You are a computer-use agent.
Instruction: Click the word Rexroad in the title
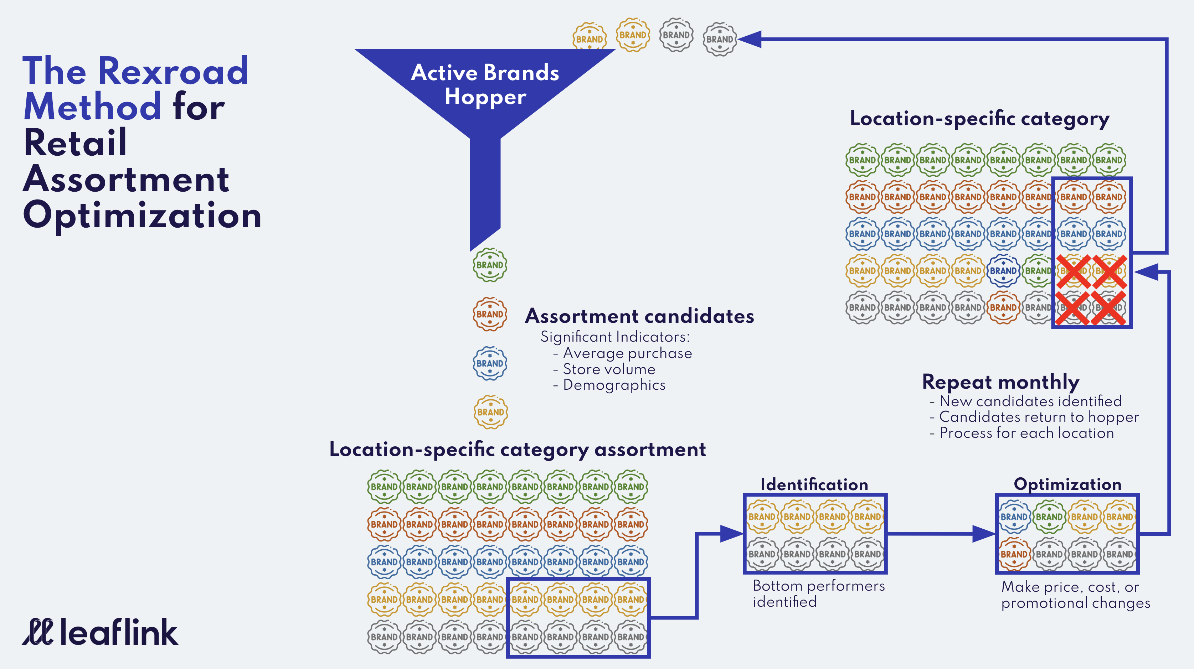point(173,71)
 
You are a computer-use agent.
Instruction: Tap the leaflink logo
point(100,632)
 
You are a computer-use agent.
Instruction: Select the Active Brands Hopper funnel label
point(485,84)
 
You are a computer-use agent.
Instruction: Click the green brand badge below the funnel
point(489,265)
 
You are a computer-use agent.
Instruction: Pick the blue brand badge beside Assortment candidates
point(489,363)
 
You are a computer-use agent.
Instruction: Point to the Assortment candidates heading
point(639,316)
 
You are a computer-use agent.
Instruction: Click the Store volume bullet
point(609,369)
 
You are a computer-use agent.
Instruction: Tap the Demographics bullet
point(614,385)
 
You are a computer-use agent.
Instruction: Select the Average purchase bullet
point(627,353)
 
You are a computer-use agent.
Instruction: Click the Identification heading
point(814,484)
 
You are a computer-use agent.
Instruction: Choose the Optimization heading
point(1067,484)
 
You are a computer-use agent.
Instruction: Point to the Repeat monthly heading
point(1000,382)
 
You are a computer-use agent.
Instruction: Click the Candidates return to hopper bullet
point(1038,417)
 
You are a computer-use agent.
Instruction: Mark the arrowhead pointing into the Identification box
point(732,534)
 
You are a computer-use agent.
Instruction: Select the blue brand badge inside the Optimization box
point(1014,517)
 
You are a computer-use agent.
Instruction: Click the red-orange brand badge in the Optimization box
point(1014,554)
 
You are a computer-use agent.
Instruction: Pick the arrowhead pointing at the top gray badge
point(750,40)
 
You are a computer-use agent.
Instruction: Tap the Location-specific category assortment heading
point(517,450)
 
